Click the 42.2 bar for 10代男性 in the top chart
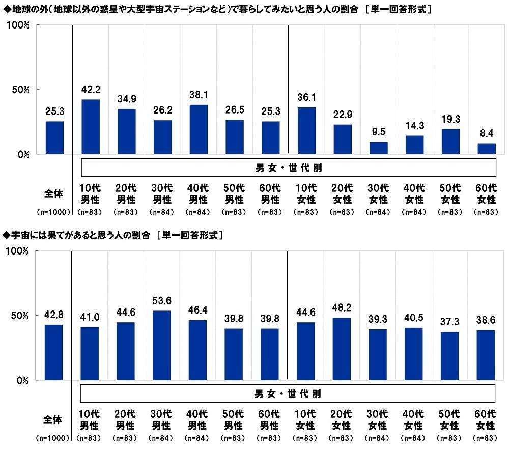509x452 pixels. pyautogui.click(x=91, y=127)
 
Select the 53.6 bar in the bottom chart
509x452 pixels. pyautogui.click(x=162, y=345)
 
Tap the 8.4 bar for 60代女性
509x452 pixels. pyautogui.click(x=486, y=149)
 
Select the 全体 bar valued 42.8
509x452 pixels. pyautogui.click(x=54, y=352)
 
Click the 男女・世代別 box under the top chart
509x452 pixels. pyautogui.click(x=288, y=167)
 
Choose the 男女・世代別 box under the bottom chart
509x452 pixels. pyautogui.click(x=288, y=393)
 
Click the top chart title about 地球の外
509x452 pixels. pyautogui.click(x=217, y=9)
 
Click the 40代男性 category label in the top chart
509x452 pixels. pyautogui.click(x=198, y=194)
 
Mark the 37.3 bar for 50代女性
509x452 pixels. pyautogui.click(x=450, y=356)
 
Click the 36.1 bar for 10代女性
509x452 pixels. pyautogui.click(x=306, y=131)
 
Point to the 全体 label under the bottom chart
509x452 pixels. pyautogui.click(x=53, y=420)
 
